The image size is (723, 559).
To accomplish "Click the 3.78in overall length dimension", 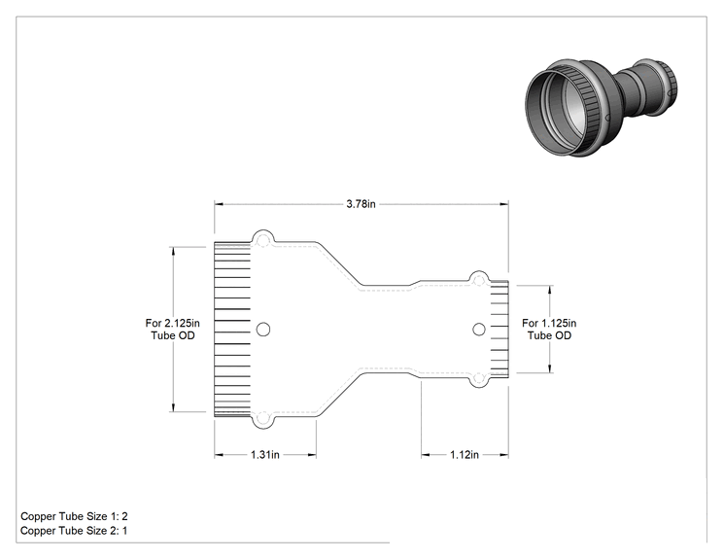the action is (361, 204).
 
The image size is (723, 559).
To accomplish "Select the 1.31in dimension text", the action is (265, 455).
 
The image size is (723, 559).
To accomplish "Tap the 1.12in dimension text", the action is (465, 455).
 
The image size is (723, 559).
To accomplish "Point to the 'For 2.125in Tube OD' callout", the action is (172, 330).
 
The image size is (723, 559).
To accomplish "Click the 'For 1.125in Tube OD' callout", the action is (549, 330).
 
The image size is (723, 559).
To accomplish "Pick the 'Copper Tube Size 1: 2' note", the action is (74, 516).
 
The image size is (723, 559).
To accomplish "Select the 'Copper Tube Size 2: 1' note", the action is (74, 531).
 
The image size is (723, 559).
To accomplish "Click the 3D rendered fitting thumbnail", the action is (602, 108).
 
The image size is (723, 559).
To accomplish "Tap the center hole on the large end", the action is (263, 330).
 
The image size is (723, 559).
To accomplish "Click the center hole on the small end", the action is (479, 330).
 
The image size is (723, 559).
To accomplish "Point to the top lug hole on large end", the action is (262, 241).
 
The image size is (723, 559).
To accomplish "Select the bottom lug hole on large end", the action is (262, 418).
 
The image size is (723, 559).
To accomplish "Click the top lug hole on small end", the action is (479, 280).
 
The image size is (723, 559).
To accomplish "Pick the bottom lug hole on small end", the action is (479, 379).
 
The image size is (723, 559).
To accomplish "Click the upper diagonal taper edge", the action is (340, 263).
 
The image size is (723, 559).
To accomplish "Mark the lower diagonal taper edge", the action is (340, 395).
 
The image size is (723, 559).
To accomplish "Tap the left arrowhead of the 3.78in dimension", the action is (219, 204).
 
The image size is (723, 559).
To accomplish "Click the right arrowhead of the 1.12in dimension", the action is (504, 455).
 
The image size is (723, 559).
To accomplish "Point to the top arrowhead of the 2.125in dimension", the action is (173, 252).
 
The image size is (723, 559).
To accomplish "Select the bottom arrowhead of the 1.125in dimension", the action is (550, 367).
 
